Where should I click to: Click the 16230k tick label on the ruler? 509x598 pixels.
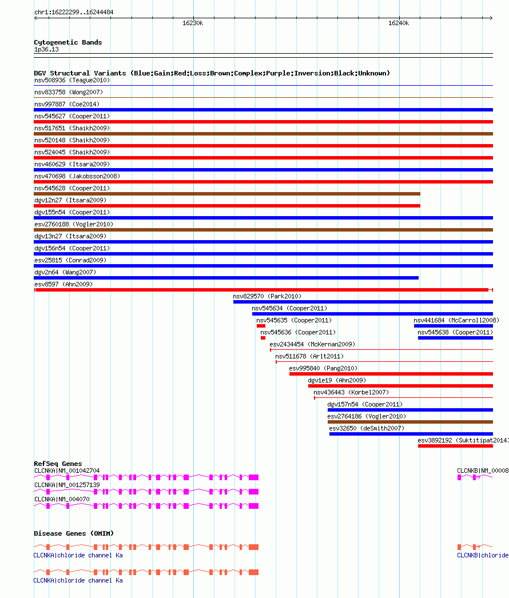193,23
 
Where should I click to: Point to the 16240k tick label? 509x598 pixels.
399,23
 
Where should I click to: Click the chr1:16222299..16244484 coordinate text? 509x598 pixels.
74,12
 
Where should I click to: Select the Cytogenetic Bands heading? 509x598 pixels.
68,42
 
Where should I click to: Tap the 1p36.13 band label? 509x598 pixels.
46,50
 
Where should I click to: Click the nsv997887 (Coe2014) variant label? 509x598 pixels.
66,104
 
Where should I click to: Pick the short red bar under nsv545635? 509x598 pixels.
261,326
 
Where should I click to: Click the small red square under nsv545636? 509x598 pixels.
263,338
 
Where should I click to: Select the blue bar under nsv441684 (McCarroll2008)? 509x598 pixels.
453,326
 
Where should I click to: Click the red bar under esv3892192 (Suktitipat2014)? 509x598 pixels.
455,446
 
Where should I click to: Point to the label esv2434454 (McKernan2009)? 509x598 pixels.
312,344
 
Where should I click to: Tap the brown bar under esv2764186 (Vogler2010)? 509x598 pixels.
410,422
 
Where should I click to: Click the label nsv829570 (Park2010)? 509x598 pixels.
267,296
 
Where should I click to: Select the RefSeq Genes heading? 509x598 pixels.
58,464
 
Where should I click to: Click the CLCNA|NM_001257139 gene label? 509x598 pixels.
67,485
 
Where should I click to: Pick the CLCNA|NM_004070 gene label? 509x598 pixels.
62,499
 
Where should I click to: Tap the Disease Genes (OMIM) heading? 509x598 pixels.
74,533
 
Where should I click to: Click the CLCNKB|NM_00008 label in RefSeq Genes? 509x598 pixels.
482,471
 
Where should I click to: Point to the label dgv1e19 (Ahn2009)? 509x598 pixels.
337,380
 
